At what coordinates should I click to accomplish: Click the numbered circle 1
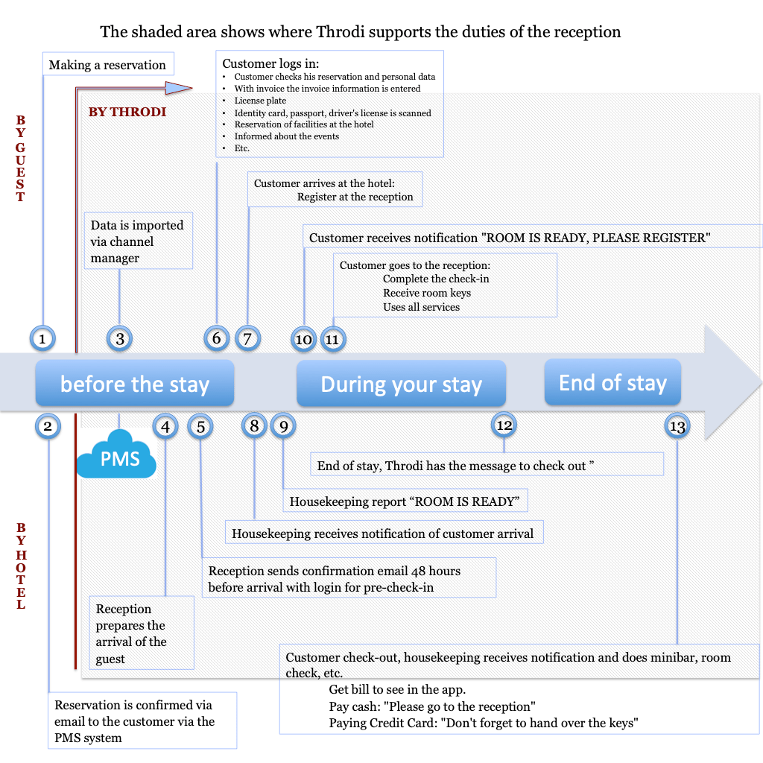42,339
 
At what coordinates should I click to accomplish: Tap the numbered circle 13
677,426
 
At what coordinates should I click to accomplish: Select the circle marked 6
217,338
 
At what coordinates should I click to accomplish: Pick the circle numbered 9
283,425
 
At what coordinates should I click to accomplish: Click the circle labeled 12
504,425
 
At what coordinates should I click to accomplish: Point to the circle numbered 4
165,426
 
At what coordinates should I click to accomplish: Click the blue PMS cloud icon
117,455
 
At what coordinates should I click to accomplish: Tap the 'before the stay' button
135,384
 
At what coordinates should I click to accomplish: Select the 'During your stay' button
401,384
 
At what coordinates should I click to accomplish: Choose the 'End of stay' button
612,382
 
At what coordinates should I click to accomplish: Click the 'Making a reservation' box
107,65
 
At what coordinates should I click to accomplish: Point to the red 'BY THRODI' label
127,112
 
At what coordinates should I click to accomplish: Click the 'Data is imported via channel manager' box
138,241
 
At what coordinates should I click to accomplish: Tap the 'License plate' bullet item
260,101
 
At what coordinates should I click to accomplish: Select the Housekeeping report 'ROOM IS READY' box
405,501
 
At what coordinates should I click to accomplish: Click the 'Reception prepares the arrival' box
141,633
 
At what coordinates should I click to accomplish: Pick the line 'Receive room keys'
427,293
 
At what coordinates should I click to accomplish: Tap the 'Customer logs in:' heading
270,64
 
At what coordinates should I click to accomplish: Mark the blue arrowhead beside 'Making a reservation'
179,88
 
